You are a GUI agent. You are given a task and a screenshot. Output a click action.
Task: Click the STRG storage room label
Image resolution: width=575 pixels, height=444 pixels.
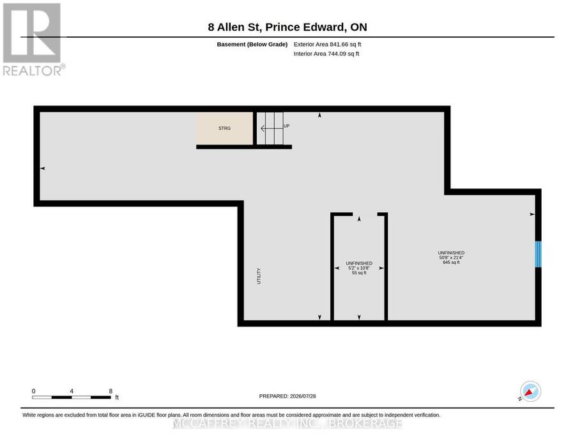[x=224, y=128]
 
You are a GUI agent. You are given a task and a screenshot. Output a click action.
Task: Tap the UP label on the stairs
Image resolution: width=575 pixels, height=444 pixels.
[x=286, y=126]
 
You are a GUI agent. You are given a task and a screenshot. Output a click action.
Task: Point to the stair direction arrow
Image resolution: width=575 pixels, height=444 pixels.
[x=272, y=128]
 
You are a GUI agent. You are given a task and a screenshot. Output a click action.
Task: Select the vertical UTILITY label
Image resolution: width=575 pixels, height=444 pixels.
[x=259, y=276]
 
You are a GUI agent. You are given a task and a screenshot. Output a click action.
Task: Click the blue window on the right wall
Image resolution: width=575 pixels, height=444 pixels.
[x=538, y=254]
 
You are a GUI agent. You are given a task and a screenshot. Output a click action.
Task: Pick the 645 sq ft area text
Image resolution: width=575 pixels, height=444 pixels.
[x=451, y=263]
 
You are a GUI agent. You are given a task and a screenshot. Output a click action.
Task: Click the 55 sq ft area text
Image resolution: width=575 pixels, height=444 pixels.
[x=359, y=273]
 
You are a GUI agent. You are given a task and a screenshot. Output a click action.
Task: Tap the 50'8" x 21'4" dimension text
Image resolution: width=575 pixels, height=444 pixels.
[x=451, y=257]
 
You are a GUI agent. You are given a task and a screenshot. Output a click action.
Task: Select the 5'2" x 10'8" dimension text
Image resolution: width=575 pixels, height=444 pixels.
[x=359, y=268]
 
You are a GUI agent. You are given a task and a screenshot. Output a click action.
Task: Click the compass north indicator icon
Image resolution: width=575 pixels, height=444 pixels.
[x=530, y=392]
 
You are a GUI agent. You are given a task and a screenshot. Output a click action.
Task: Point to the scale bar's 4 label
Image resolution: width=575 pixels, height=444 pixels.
[x=72, y=391]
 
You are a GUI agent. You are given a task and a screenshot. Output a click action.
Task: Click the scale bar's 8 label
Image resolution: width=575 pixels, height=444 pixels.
[x=111, y=391]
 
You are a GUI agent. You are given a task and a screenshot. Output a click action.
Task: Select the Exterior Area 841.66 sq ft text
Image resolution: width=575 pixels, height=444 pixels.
[x=327, y=44]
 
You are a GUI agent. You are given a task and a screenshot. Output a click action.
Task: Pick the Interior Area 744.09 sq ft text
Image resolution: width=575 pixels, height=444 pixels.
[x=326, y=54]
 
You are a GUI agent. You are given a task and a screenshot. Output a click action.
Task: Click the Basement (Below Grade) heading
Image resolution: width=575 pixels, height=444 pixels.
[x=252, y=44]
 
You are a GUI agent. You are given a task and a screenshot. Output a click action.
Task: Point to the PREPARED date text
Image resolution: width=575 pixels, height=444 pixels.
[x=287, y=396]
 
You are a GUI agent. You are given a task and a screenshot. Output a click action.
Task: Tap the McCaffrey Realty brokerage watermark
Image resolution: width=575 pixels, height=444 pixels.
[x=287, y=424]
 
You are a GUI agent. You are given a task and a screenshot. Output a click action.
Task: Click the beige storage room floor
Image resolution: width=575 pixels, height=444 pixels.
[x=224, y=128]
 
